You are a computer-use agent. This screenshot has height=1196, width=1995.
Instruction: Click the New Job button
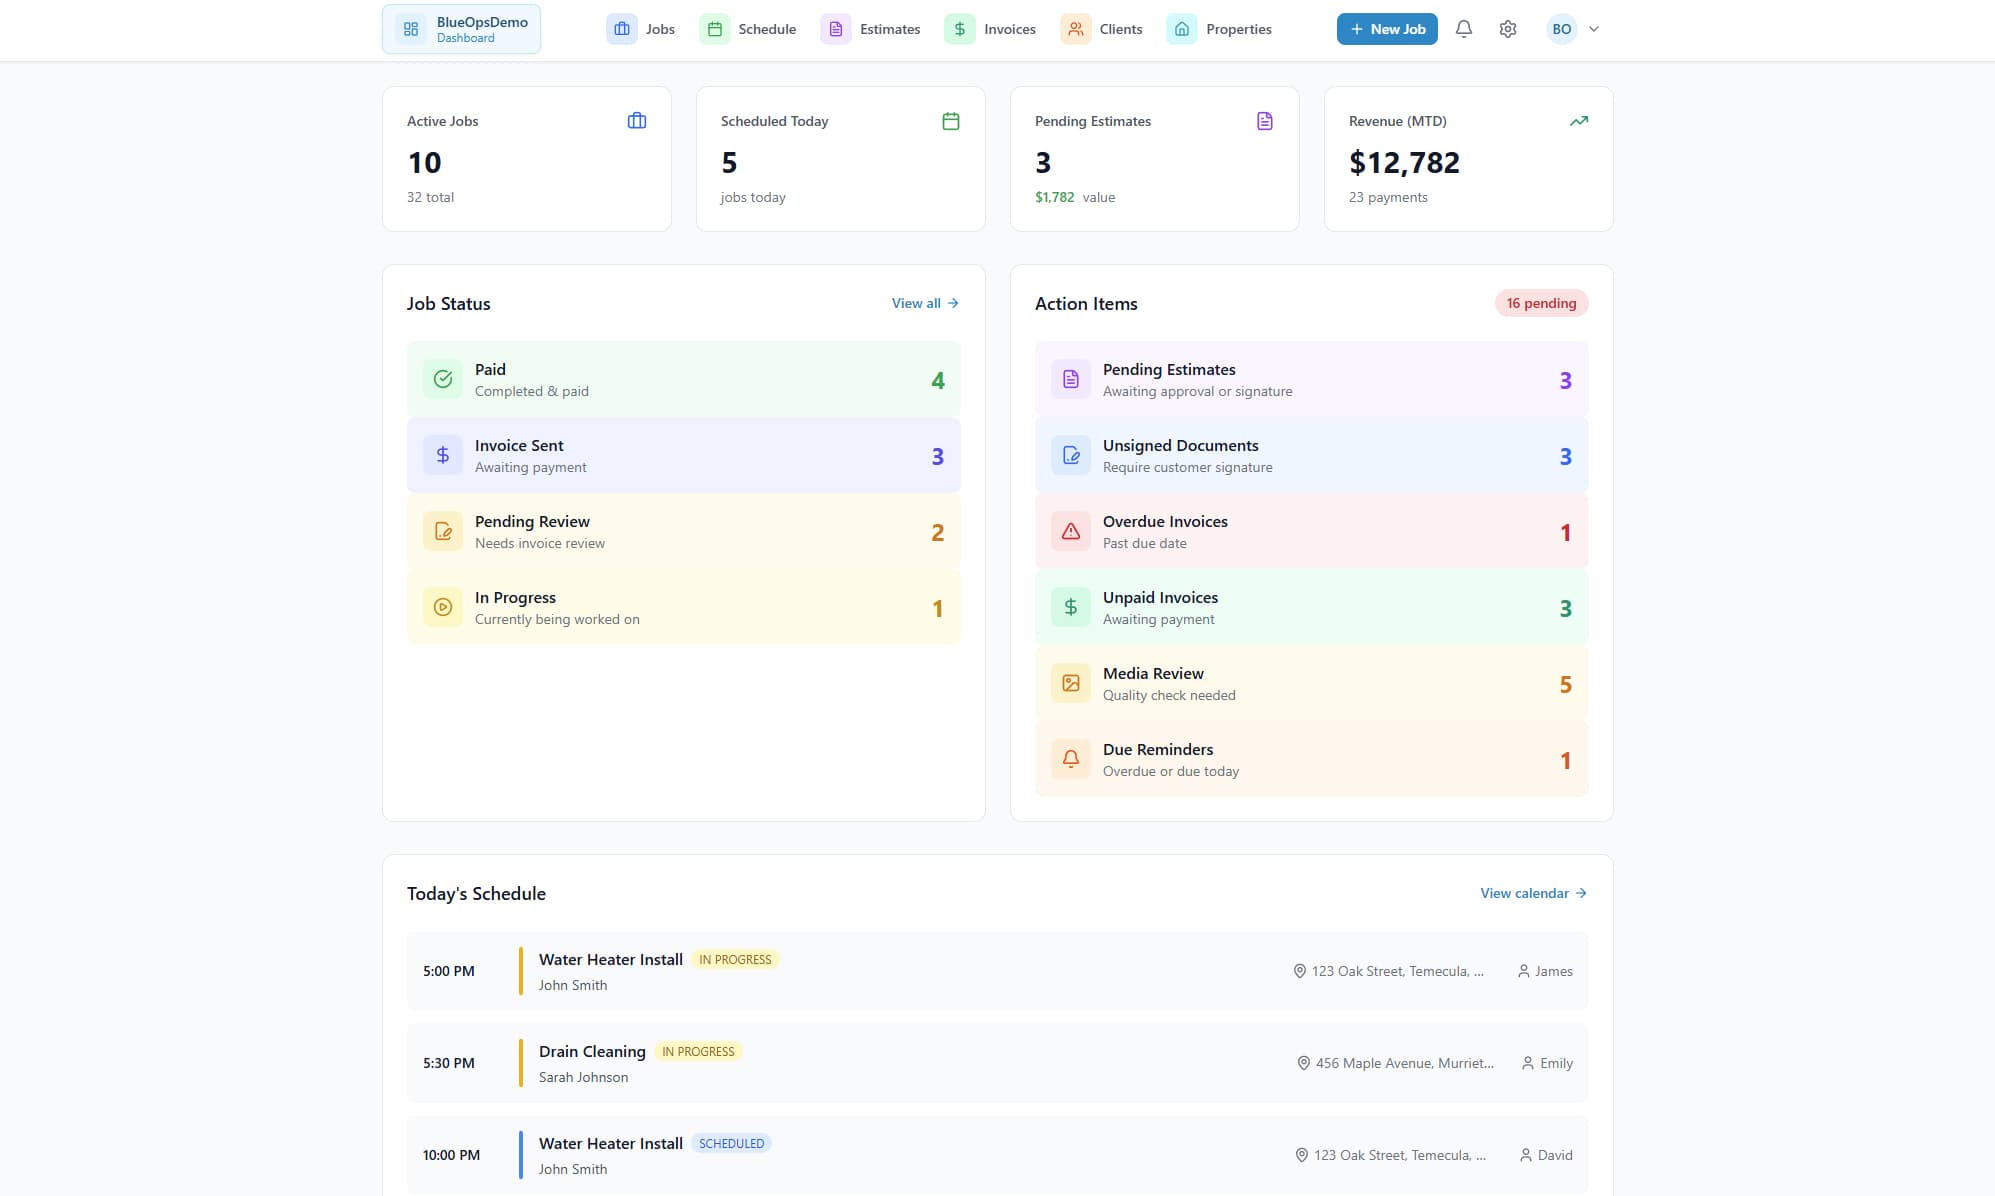coord(1386,29)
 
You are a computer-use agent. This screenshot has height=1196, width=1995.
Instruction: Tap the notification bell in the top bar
coord(1463,29)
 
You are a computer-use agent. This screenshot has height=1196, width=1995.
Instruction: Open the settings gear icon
coord(1507,29)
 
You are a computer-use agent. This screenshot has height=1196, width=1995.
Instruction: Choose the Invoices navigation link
coord(990,29)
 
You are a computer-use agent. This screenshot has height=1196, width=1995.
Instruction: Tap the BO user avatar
coord(1561,29)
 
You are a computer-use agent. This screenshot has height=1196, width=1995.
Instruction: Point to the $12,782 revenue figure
coord(1404,162)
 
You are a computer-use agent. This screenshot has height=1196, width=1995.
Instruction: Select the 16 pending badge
coord(1541,303)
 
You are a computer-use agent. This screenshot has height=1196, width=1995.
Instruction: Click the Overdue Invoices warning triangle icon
coord(1070,531)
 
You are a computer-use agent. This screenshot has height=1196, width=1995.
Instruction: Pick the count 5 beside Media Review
coord(1565,685)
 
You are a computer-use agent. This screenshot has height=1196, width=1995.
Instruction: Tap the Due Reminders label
coord(1158,749)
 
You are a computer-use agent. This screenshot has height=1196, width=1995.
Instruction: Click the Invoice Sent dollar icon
coord(443,455)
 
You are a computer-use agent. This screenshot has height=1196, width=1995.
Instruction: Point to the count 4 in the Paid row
coord(937,380)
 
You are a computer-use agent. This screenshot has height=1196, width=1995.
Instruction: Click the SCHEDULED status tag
coord(731,1143)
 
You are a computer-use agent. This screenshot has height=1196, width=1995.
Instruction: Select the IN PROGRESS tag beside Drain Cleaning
coord(698,1051)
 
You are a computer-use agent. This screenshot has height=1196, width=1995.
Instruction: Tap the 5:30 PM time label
coord(449,1063)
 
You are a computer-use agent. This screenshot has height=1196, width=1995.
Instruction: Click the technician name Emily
coord(1555,1063)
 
